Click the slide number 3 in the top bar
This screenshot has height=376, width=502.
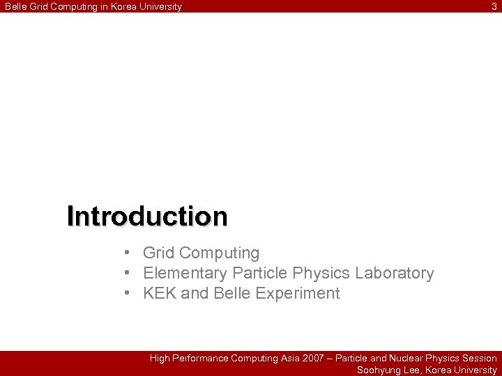[494, 6]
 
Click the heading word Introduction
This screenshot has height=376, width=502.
[147, 217]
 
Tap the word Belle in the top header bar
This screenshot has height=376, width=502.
[16, 6]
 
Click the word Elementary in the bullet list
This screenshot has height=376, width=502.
[185, 273]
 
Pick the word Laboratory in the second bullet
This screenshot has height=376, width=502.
[394, 273]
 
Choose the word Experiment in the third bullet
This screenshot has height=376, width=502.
[298, 293]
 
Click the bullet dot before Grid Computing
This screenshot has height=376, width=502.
[128, 253]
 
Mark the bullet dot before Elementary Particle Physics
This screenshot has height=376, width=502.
[128, 273]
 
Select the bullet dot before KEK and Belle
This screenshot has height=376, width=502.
[128, 293]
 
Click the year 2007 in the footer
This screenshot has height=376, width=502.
[313, 358]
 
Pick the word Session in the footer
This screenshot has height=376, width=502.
[480, 358]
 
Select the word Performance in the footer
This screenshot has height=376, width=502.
[200, 358]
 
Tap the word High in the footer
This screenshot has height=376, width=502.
[160, 358]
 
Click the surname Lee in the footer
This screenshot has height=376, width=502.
[412, 370]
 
